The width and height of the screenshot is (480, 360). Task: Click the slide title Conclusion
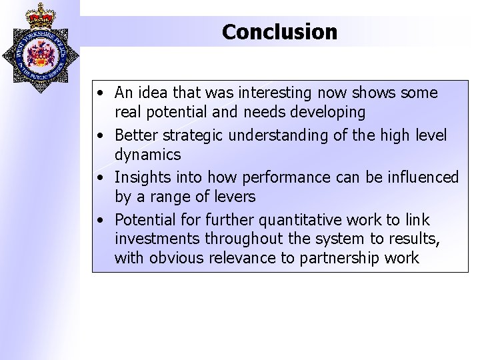(279, 31)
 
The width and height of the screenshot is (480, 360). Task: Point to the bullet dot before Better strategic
(99, 137)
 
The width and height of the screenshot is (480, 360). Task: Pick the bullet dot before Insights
(99, 177)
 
